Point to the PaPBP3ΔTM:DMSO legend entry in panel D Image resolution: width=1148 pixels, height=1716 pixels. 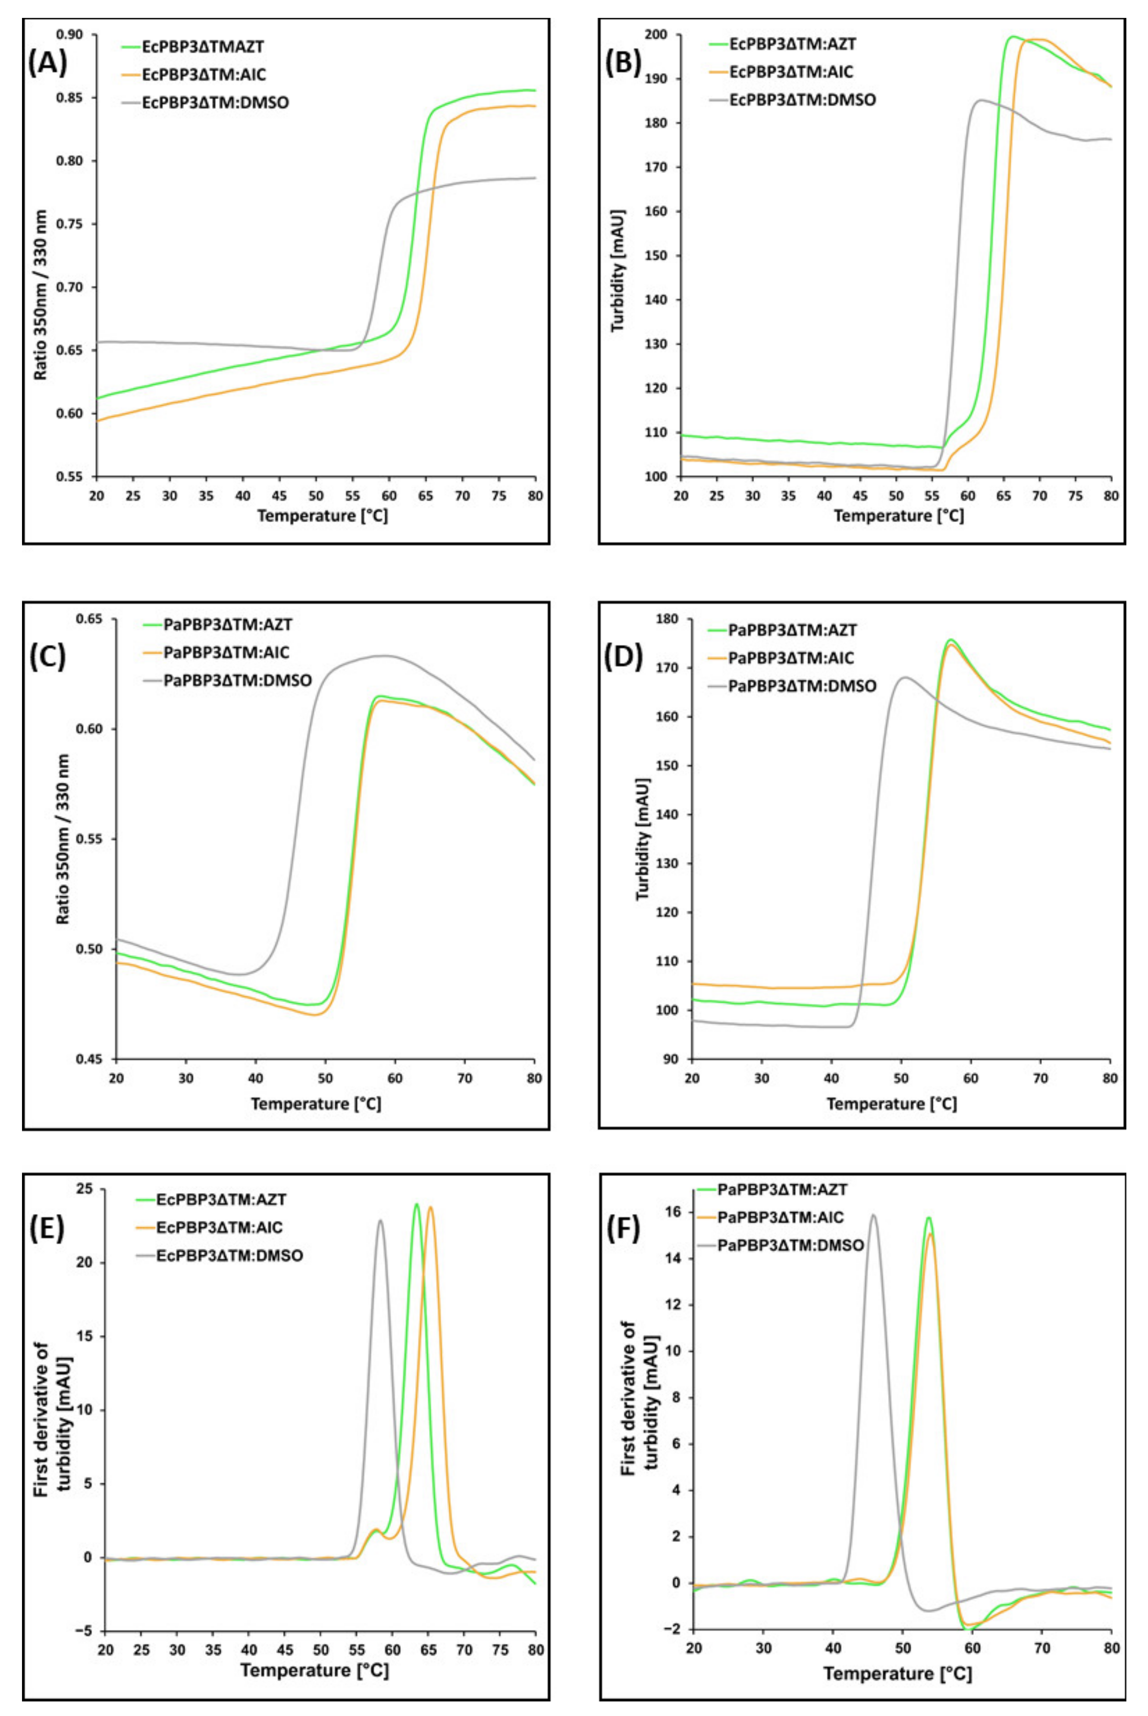802,686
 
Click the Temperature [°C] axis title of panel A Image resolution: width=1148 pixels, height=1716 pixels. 322,516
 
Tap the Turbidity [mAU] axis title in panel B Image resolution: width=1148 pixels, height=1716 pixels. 619,271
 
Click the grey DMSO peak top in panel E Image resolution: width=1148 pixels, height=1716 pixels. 380,1220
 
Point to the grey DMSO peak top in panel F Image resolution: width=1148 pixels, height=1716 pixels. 873,1215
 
